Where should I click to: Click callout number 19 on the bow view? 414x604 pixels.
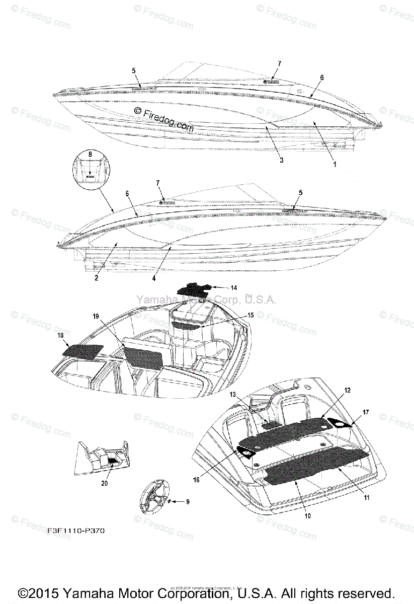[x=96, y=316]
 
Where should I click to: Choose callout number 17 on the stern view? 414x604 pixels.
[x=366, y=412]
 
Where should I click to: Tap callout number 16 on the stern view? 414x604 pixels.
[x=196, y=480]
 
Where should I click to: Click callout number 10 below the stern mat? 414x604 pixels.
[x=307, y=516]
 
